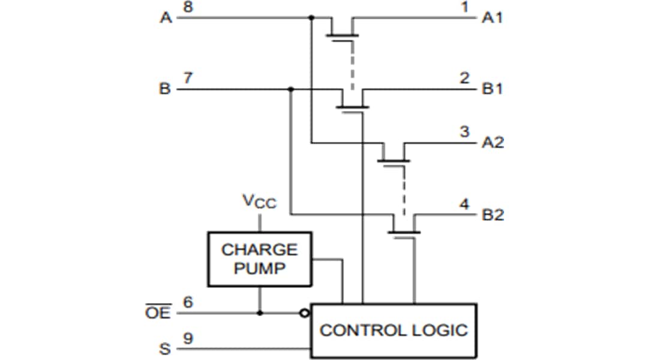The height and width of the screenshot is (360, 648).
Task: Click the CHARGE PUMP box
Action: click(259, 259)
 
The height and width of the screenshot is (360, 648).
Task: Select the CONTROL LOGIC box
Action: click(393, 330)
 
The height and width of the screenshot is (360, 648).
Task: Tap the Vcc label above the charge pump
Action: click(259, 202)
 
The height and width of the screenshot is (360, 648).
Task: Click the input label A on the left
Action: click(166, 18)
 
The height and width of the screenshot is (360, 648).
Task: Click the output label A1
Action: click(493, 18)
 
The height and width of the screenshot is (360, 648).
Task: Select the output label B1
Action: click(493, 89)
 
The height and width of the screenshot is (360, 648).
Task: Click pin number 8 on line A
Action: click(188, 7)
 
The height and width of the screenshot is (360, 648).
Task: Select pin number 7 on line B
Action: click(188, 79)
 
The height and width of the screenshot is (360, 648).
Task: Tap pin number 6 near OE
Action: click(188, 302)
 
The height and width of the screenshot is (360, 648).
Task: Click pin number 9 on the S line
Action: click(188, 338)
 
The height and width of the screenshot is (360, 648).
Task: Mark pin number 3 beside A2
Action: click(464, 132)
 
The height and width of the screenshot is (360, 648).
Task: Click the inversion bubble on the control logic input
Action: click(305, 313)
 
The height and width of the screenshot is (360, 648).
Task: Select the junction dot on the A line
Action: click(311, 18)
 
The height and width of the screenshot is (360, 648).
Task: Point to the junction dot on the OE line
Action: click(259, 313)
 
